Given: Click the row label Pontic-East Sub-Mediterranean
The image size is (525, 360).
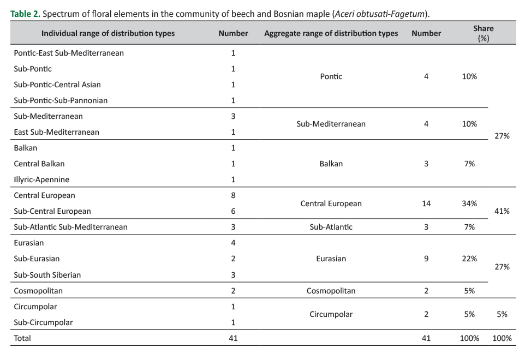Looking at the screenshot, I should [69, 53].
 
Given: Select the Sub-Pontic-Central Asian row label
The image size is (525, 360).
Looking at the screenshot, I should [57, 85].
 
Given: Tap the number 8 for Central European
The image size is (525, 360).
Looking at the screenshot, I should [233, 195].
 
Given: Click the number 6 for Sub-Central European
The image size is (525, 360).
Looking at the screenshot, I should [233, 211].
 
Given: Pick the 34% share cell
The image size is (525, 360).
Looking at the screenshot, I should [469, 203].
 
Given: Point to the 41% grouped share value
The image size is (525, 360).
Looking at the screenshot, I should [502, 211].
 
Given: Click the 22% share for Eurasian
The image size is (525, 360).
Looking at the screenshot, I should [469, 259].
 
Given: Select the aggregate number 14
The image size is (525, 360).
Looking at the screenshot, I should [426, 203].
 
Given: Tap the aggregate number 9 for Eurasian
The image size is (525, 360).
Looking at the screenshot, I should [426, 259].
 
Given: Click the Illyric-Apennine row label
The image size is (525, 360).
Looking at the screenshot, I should [41, 179].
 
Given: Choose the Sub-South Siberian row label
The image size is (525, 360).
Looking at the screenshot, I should [47, 275].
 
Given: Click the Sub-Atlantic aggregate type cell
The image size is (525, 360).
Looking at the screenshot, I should [331, 227].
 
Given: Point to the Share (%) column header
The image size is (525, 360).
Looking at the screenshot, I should [483, 33].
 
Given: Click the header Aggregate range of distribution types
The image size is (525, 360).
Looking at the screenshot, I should [331, 33].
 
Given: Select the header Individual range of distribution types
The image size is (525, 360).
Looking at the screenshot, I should [108, 33].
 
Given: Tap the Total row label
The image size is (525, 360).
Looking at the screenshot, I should [22, 338].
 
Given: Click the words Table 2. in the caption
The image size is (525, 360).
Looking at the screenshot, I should [25, 14].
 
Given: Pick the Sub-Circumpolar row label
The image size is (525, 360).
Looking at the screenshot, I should [43, 322].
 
